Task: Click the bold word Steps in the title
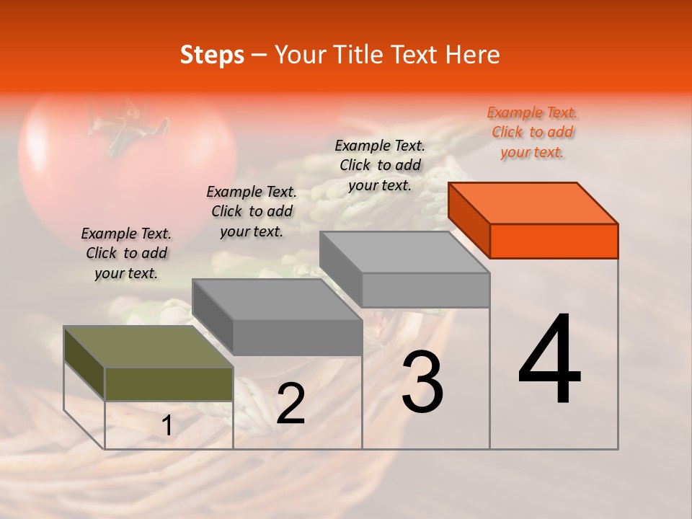pos(212,55)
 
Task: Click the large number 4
pos(549,360)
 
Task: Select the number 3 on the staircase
pos(422,382)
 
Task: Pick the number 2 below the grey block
pos(290,404)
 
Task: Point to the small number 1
pos(167,426)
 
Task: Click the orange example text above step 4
pos(532,132)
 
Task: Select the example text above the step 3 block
pos(380,165)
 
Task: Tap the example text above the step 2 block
pos(252,211)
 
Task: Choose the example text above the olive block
pos(126,253)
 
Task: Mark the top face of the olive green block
pos(148,347)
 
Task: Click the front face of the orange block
pos(554,241)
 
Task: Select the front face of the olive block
pos(169,383)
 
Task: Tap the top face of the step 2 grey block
pos(277,299)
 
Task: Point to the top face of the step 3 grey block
pos(404,252)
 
